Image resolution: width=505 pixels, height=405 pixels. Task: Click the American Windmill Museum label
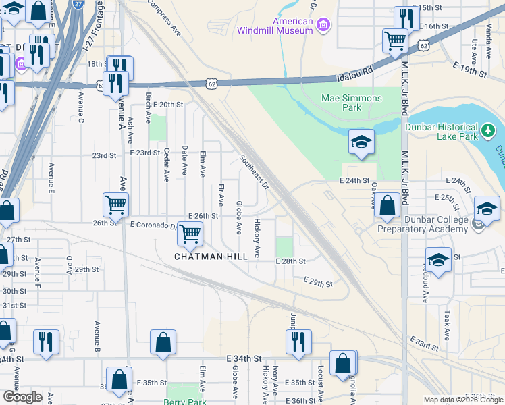point(275,26)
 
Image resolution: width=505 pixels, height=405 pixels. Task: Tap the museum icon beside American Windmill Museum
point(323,25)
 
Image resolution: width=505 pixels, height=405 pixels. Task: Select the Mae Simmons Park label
point(350,103)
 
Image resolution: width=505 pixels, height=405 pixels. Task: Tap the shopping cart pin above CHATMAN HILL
point(190,234)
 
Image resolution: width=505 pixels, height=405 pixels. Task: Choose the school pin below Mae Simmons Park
point(361,142)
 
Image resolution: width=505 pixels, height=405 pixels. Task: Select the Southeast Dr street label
point(254,172)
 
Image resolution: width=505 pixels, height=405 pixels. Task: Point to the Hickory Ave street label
point(257,238)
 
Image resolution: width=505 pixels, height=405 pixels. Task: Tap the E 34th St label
point(244,358)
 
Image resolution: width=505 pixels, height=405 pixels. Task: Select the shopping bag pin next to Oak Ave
point(388,207)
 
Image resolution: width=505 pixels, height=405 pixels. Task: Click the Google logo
point(22,397)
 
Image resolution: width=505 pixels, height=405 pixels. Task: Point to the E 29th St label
point(318,282)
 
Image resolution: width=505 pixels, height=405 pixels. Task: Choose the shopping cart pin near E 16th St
point(394,40)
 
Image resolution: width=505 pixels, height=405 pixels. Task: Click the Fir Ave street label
point(221,195)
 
